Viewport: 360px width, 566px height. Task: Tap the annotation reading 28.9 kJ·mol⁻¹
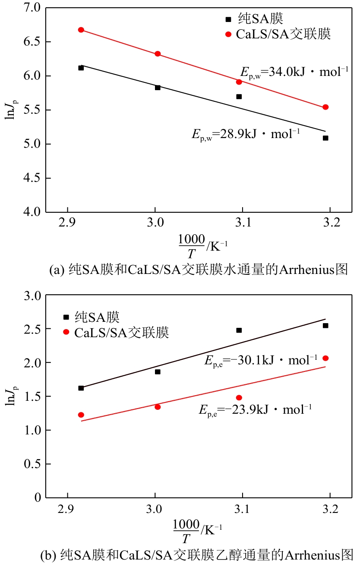[x=246, y=133]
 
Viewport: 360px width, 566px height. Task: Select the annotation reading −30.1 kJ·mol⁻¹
[x=264, y=360]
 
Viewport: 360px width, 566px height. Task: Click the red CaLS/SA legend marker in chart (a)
[x=228, y=34]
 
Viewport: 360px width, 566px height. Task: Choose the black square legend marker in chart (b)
[x=66, y=317]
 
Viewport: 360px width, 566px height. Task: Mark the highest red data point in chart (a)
[x=81, y=30]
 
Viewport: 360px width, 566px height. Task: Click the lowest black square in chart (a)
[x=325, y=138]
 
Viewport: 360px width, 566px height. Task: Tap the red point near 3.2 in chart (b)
[x=325, y=358]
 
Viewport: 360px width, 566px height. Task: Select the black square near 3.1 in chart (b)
[x=239, y=330]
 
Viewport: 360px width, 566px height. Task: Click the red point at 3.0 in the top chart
[x=157, y=54]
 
